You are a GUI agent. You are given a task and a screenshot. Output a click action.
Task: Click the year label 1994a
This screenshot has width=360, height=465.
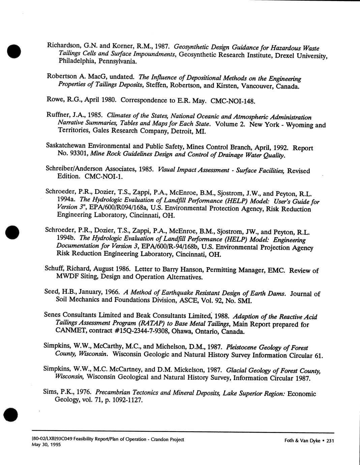point(66,199)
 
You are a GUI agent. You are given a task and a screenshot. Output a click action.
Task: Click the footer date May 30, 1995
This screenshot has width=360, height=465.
point(46,444)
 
